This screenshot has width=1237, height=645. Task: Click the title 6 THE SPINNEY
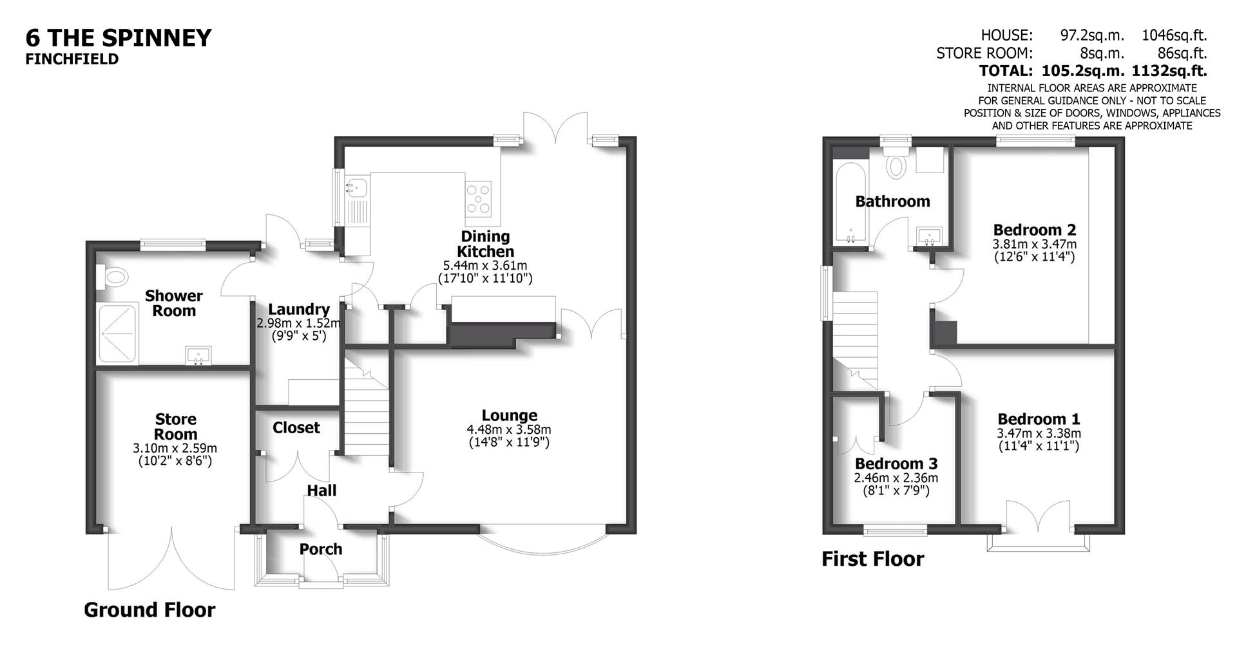pos(119,38)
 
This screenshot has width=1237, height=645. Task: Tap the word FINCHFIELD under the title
pos(72,59)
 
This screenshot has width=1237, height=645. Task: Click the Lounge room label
pos(509,415)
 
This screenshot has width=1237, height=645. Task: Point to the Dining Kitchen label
pos(485,244)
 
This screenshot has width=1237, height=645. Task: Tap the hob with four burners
pos(479,198)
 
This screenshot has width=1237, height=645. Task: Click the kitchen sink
pos(356,188)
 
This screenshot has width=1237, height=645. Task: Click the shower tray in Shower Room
pos(117,333)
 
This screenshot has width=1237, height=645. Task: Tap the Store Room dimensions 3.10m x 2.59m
pos(175,448)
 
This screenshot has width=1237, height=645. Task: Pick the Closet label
pos(296,427)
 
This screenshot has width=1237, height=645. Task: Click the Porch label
pos(320,549)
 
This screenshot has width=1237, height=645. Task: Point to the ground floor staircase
pos(365,412)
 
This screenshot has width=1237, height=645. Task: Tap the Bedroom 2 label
pos(1034,230)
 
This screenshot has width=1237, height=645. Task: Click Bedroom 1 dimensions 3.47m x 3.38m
pos(1039,433)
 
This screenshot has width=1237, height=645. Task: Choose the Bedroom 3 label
pos(896,463)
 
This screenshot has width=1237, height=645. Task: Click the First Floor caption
pos(872,559)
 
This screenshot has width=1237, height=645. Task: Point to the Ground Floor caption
pos(149,610)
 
